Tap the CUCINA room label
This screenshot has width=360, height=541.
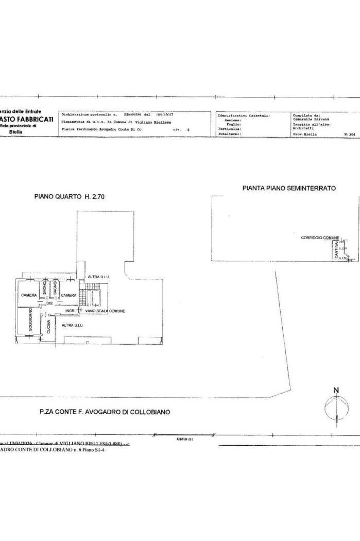click(x=48, y=328)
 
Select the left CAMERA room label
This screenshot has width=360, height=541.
click(x=28, y=295)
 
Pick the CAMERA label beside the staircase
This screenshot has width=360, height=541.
click(x=68, y=295)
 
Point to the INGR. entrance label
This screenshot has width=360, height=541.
click(x=71, y=311)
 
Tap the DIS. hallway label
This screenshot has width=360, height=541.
click(x=50, y=303)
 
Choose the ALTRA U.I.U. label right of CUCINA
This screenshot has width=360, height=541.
click(x=73, y=325)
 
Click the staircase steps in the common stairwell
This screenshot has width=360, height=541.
click(x=82, y=298)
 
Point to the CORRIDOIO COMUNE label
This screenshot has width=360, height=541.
click(x=320, y=238)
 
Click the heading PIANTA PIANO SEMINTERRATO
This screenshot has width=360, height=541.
click(x=289, y=189)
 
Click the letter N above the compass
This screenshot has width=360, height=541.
click(x=335, y=390)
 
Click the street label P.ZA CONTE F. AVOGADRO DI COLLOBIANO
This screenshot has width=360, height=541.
click(x=105, y=412)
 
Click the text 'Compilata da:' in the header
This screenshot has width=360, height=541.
click(x=306, y=115)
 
